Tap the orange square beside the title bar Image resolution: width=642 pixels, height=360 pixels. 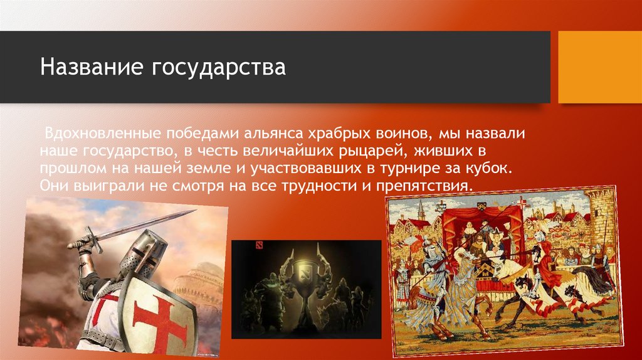(x=600, y=67)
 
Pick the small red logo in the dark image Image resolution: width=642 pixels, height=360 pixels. (x=240, y=246)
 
